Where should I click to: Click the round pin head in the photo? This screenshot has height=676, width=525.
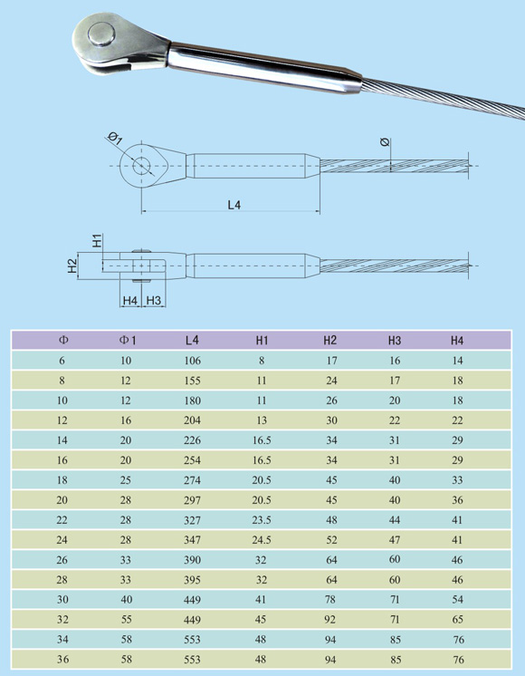102,34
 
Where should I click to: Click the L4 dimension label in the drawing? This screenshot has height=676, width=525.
234,205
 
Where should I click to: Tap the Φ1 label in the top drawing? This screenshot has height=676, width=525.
115,139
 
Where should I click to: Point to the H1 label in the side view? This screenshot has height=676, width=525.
98,240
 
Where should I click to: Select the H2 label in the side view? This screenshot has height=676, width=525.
72,266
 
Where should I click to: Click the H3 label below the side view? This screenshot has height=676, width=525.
154,301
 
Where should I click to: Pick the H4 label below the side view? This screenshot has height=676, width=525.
130,301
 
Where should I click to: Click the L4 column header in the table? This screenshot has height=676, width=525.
192,340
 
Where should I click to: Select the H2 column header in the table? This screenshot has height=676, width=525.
329,340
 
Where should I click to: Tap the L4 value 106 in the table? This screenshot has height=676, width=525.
193,361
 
